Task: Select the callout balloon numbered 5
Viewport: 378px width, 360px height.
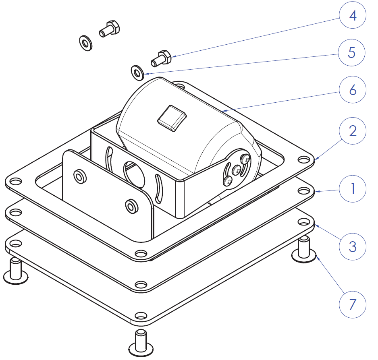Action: click(353, 53)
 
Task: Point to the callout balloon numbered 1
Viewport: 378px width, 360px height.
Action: click(353, 188)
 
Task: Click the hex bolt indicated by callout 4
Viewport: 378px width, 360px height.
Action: click(162, 58)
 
